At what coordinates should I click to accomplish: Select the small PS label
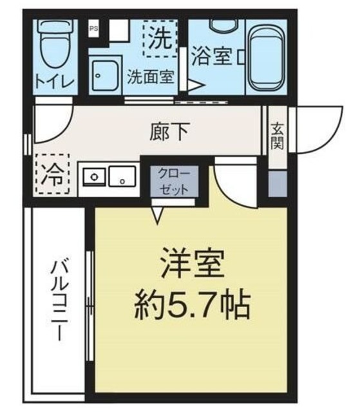coord(94,28)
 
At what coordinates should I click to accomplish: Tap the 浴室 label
coord(211,57)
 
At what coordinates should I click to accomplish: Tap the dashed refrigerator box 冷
coord(52,174)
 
